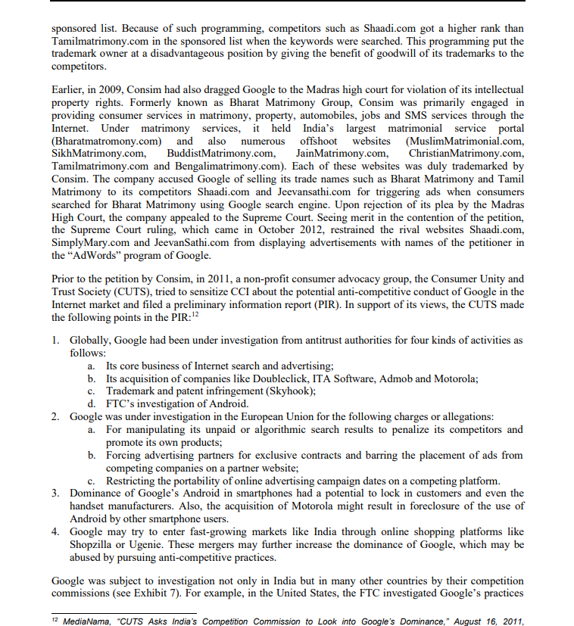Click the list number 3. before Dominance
pos(57,494)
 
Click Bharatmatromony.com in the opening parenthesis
pos(108,142)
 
